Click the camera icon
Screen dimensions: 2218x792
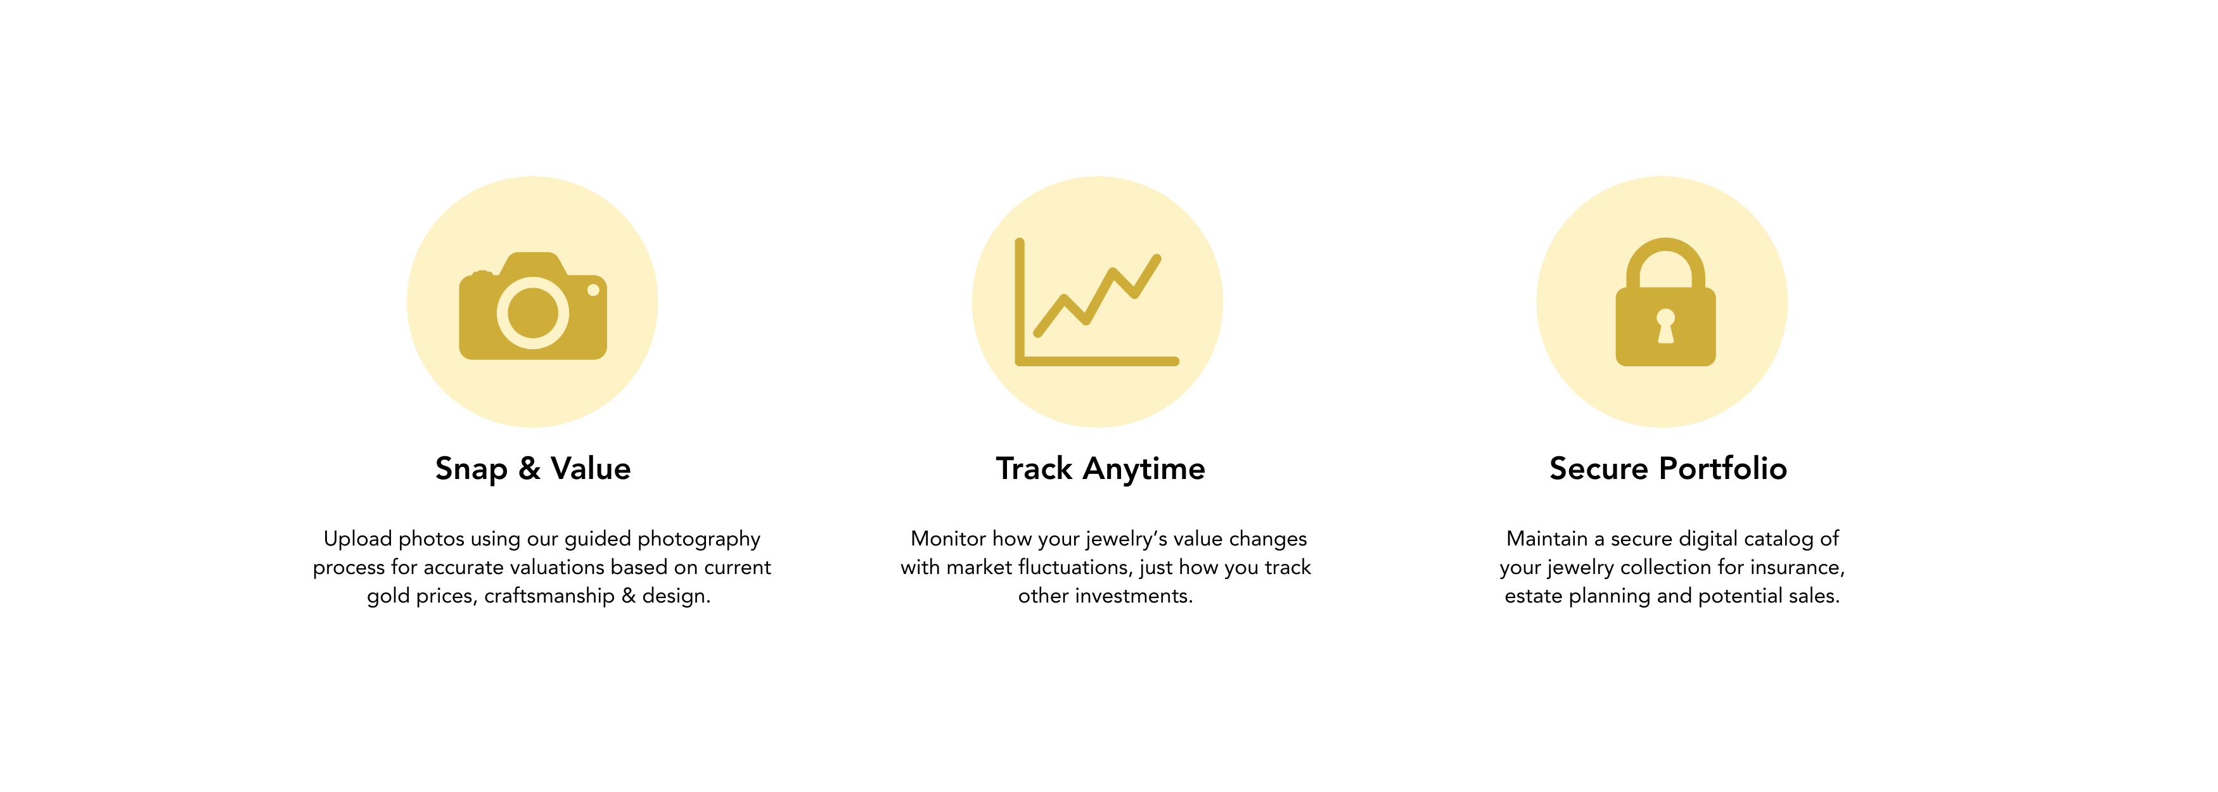coord(533,305)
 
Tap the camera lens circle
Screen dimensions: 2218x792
coord(533,312)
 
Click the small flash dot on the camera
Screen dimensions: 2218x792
coord(593,290)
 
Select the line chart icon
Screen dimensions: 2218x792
coord(1097,302)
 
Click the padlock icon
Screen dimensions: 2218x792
coord(1665,302)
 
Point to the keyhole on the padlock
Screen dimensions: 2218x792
coord(1666,326)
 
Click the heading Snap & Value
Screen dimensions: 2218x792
coord(533,469)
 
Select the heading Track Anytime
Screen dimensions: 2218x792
coord(1100,469)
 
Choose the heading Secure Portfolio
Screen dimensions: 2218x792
coord(1668,468)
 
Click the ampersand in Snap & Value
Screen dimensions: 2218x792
coord(530,468)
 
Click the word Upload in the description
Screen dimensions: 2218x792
coord(357,540)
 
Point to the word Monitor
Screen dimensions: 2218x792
coord(948,539)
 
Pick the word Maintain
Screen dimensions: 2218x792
coord(1546,539)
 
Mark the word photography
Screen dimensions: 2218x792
coord(698,540)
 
